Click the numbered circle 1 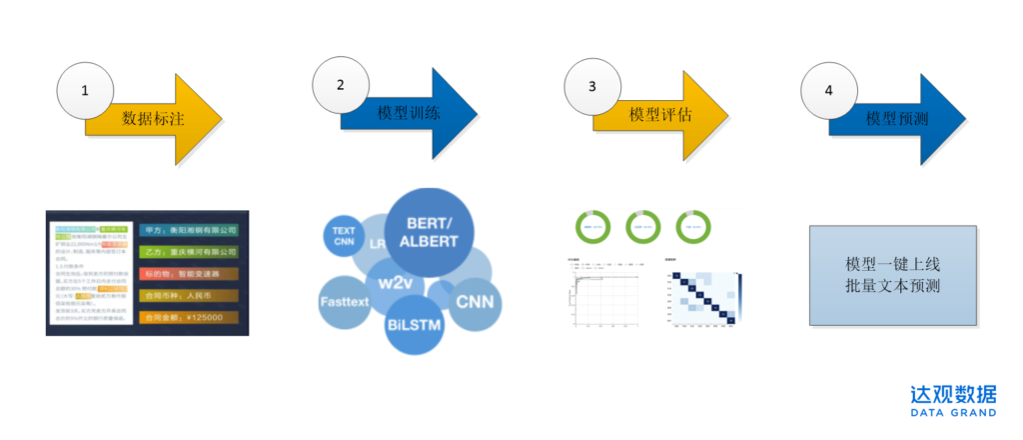(x=85, y=91)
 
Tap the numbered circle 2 (x=341, y=85)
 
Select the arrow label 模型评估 (x=660, y=114)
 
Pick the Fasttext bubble (x=345, y=301)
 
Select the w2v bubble (x=391, y=281)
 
